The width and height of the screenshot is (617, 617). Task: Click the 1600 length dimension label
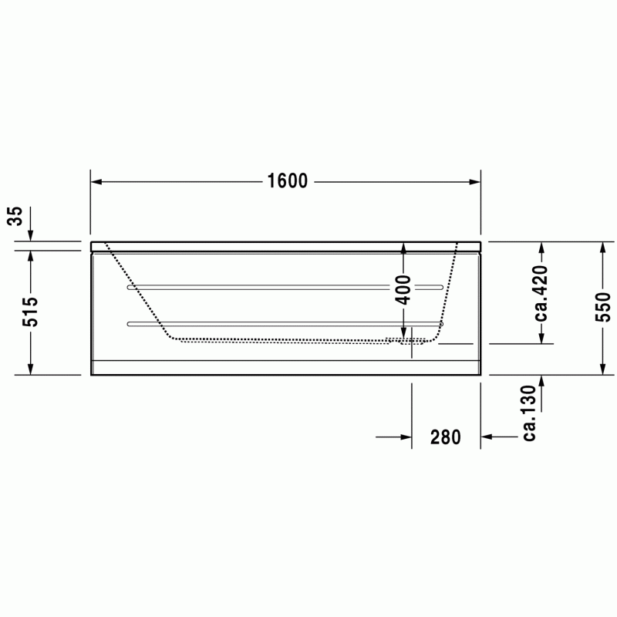287,181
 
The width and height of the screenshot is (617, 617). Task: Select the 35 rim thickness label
15,216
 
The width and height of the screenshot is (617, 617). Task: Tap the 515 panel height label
30,312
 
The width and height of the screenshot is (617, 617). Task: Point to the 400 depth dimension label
403,290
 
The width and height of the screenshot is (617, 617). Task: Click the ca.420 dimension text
541,294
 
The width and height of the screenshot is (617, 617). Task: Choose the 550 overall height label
602,307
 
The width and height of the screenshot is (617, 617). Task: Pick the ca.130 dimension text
529,413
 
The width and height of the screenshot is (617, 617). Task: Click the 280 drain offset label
446,437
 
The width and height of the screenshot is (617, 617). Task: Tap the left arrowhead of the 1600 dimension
96,182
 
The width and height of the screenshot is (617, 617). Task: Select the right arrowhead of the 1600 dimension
475,182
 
